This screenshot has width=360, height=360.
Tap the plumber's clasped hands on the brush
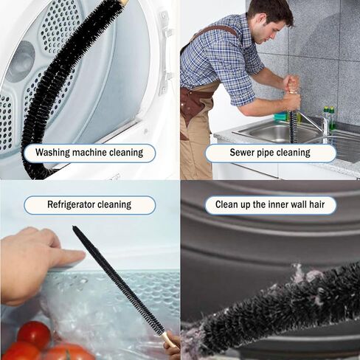click(x=292, y=92)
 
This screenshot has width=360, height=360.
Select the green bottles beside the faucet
click(x=328, y=118)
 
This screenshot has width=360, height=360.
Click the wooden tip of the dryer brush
click(x=123, y=3)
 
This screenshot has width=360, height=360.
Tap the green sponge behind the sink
click(x=280, y=116)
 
